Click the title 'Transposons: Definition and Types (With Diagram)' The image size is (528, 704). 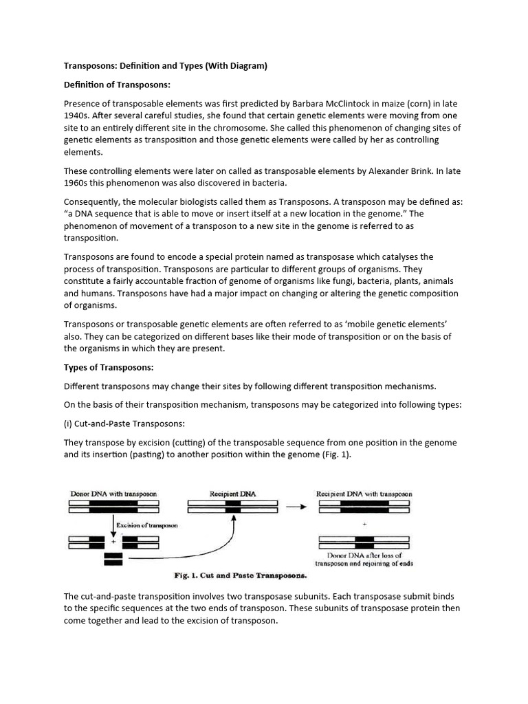[x=165, y=66]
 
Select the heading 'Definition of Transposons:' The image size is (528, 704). [x=116, y=85]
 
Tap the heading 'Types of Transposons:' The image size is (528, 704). [x=108, y=367]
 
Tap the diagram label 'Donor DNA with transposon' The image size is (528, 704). [x=113, y=494]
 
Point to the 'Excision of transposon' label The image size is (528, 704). [x=146, y=525]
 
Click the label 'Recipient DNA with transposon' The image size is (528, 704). [x=364, y=494]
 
